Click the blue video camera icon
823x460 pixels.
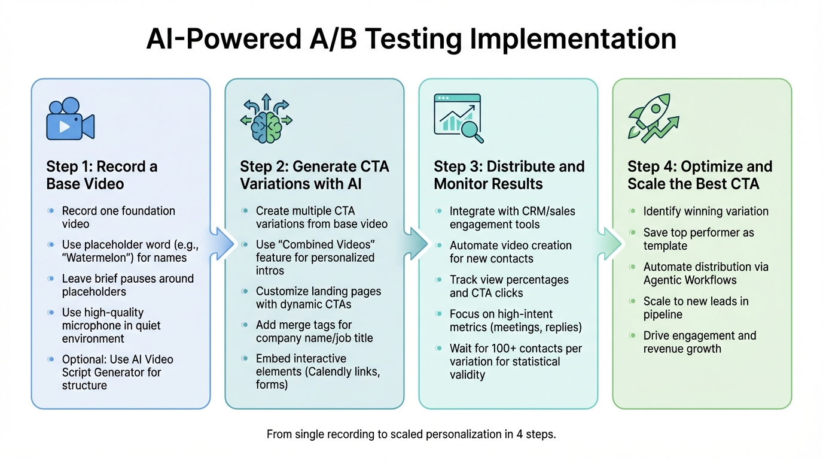pyautogui.click(x=70, y=119)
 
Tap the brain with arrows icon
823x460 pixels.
pyautogui.click(x=266, y=119)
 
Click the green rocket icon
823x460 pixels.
pyautogui.click(x=653, y=119)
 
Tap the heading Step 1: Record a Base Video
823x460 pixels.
pyautogui.click(x=102, y=175)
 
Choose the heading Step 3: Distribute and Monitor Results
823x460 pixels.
pyautogui.click(x=509, y=175)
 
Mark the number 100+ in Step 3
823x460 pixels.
pyautogui.click(x=497, y=349)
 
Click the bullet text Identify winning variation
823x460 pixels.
pyautogui.click(x=706, y=211)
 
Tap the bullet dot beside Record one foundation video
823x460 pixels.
pyautogui.click(x=50, y=211)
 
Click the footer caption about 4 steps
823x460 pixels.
pyautogui.click(x=411, y=434)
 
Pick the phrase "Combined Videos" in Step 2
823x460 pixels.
pyautogui.click(x=314, y=245)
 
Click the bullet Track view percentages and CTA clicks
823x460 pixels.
pyautogui.click(x=508, y=286)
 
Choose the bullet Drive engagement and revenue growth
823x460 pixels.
pyautogui.click(x=699, y=342)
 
